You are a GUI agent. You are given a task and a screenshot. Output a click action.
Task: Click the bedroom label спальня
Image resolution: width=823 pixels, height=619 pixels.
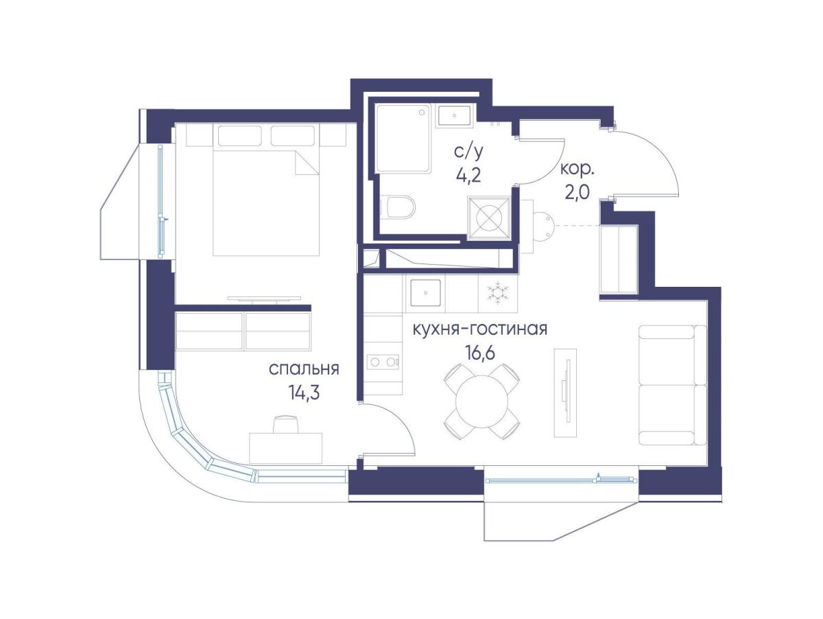(x=304, y=369)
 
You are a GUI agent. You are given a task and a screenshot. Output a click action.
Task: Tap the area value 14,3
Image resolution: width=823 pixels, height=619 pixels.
(x=304, y=393)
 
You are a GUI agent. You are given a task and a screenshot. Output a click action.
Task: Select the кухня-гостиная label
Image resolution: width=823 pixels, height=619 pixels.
(x=480, y=329)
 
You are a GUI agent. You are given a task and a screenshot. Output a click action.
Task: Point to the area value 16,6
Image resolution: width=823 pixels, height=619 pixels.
(x=480, y=352)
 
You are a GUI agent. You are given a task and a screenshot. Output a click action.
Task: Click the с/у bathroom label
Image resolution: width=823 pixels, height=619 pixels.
(x=468, y=152)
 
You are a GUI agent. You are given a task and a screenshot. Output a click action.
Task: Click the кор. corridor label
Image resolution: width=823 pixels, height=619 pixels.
(x=577, y=171)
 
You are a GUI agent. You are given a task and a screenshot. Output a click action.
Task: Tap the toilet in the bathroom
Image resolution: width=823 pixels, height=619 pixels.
(x=398, y=207)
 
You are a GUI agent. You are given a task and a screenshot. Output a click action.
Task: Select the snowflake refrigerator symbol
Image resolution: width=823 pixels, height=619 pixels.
(x=497, y=292)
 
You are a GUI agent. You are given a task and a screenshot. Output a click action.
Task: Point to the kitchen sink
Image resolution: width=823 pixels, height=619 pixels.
(x=425, y=292)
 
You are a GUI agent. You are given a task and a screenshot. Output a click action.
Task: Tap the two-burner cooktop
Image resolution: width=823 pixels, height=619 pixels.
(x=382, y=362)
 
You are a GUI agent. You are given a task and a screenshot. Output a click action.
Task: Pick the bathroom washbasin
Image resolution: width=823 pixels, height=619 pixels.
(x=455, y=116)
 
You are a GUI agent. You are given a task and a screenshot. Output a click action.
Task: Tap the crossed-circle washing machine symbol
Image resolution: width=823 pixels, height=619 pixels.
(x=489, y=218)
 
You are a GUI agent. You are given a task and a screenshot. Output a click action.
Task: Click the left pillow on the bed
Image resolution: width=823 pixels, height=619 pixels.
(x=239, y=135)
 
